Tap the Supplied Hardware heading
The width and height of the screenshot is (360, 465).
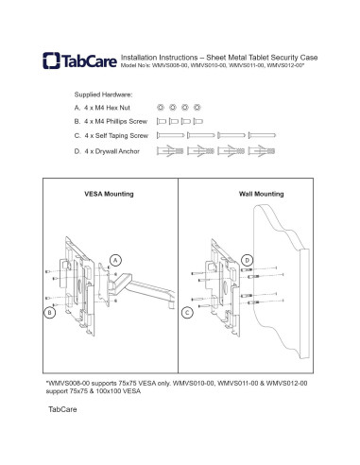[103, 95]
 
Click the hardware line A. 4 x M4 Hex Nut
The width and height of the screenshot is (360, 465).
[105, 109]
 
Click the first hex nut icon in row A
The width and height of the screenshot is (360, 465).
[161, 109]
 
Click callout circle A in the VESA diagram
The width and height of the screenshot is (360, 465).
[116, 258]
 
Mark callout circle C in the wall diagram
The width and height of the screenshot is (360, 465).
[188, 311]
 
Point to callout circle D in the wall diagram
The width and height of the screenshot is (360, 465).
[248, 258]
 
